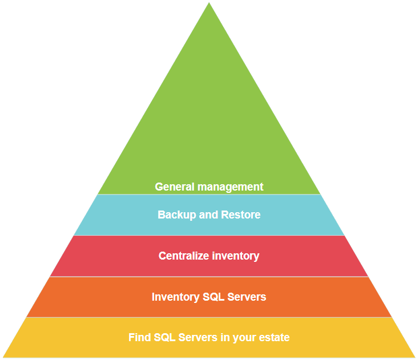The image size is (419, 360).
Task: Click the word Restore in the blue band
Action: pyautogui.click(x=241, y=215)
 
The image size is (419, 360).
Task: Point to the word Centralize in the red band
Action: pyautogui.click(x=184, y=256)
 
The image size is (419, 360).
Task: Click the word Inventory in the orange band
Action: pyautogui.click(x=176, y=297)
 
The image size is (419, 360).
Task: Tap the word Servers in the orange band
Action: pyautogui.click(x=247, y=297)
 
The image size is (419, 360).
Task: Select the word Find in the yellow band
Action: pyautogui.click(x=140, y=338)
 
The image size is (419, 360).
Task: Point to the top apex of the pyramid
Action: pyautogui.click(x=209, y=3)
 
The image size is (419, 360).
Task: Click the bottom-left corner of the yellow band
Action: pyautogui.click(x=4, y=357)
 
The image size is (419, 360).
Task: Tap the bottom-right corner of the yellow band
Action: pyautogui.click(x=414, y=357)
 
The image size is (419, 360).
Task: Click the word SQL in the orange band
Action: pyautogui.click(x=213, y=297)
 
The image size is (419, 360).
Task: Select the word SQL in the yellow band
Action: pyautogui.click(x=165, y=338)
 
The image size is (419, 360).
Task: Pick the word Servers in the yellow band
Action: pyautogui.click(x=198, y=338)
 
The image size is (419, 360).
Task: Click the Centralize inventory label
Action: pyautogui.click(x=209, y=256)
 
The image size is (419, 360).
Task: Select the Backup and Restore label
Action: pyautogui.click(x=209, y=215)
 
